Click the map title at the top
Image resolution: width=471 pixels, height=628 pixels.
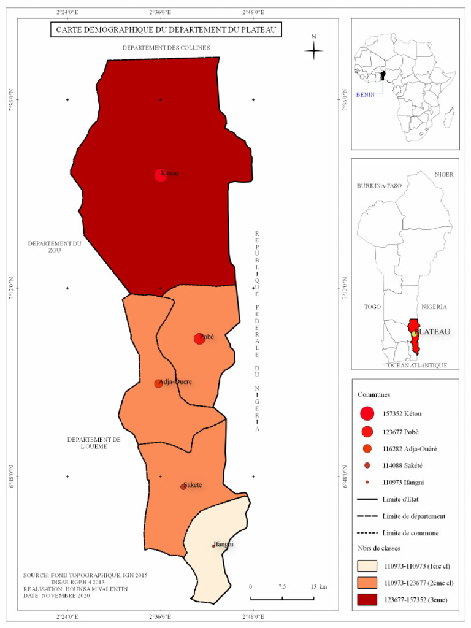165,29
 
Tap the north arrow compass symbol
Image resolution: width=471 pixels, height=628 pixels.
314,51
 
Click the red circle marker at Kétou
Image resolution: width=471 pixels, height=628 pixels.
161,175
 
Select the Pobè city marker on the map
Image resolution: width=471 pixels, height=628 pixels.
199,339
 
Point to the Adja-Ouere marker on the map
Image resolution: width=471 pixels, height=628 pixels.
158,383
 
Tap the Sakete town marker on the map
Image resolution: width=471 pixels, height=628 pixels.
183,486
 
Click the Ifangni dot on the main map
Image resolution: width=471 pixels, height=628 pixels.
213,546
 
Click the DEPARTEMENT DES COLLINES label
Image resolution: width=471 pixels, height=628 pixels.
166,48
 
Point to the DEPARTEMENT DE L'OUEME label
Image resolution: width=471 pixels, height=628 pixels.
94,443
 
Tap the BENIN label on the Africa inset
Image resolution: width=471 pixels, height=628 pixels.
366,94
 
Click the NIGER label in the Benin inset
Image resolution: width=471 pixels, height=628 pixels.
444,175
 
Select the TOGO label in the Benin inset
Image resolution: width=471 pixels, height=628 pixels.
372,307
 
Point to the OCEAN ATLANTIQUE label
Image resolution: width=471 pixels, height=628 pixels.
416,365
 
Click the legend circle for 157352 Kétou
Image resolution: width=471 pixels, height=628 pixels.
367,414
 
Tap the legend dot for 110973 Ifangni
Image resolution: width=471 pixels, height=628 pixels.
367,483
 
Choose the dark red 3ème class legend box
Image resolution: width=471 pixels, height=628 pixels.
367,599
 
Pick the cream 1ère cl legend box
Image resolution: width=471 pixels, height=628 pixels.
367,565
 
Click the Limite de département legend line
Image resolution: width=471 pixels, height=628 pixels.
367,516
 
